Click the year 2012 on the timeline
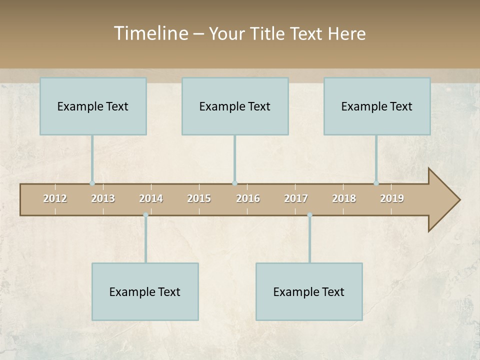point(55,198)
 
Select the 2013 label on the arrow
point(103,198)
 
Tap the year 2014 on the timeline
point(151,198)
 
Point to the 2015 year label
point(199,198)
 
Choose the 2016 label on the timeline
point(248,198)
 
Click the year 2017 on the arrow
point(296,198)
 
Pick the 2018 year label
point(344,198)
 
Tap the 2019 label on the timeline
point(392,198)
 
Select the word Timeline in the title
point(150,33)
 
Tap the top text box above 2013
point(93,106)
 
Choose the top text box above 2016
point(235,106)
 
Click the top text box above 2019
point(377,106)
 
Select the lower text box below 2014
point(145,291)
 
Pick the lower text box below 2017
point(309,291)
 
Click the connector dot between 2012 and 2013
point(92,183)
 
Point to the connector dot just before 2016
point(234,183)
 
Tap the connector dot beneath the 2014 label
point(145,215)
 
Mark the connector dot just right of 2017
point(309,215)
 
